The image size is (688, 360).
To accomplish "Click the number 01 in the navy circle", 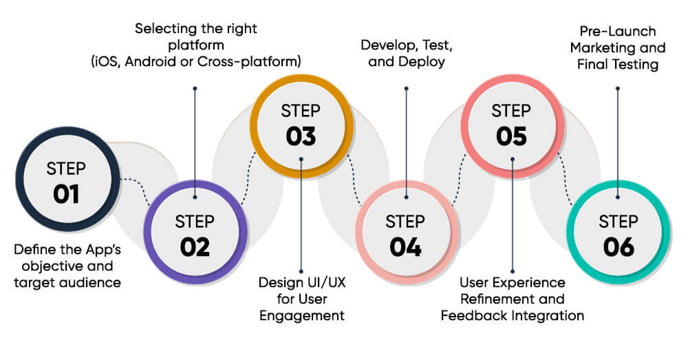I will click(67, 194).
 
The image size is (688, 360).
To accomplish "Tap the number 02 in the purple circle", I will click(195, 246).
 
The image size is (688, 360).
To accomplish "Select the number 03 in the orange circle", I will click(301, 136).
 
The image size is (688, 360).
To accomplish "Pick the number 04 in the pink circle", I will click(405, 246).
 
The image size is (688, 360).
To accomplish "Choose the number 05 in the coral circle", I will click(511, 136).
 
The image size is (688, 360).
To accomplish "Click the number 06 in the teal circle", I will click(618, 246).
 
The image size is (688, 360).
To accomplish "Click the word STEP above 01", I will click(67, 169).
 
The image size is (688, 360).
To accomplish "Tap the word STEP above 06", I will click(618, 222).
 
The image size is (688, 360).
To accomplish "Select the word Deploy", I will click(424, 61).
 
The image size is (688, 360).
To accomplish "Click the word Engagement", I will click(301, 316).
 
